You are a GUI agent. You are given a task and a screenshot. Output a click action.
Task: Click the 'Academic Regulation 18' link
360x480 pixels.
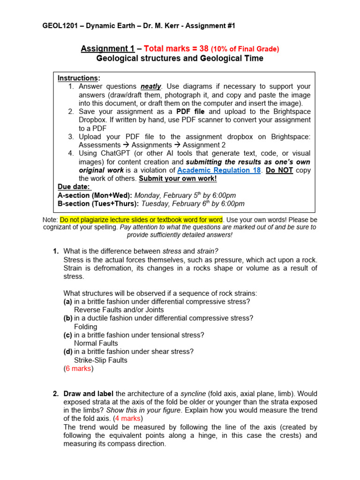pos(219,170)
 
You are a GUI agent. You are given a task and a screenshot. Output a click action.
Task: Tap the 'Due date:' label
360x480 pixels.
pos(74,187)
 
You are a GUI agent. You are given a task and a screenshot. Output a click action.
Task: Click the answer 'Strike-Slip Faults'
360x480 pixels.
pos(101,360)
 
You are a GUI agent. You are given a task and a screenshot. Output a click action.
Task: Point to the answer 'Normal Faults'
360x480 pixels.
pos(96,344)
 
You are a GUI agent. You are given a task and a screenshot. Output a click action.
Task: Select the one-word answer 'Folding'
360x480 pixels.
pos(86,327)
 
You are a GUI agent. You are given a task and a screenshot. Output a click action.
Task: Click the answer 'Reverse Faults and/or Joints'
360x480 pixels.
pos(119,310)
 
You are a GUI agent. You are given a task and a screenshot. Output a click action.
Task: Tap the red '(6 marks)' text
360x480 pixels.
pos(79,369)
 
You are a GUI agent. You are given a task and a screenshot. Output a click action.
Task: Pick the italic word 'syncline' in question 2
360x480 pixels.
pos(194,394)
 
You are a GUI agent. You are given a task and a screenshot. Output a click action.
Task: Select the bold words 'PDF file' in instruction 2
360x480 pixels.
pos(191,112)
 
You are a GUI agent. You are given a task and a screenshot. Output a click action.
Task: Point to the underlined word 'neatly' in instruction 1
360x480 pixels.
pos(151,86)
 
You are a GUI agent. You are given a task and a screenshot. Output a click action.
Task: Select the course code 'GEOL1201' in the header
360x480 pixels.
pos(59,26)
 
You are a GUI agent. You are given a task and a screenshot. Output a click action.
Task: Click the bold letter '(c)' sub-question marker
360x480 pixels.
pos(68,335)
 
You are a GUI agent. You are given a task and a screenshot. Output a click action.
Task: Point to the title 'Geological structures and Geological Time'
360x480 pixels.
pos(180,59)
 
